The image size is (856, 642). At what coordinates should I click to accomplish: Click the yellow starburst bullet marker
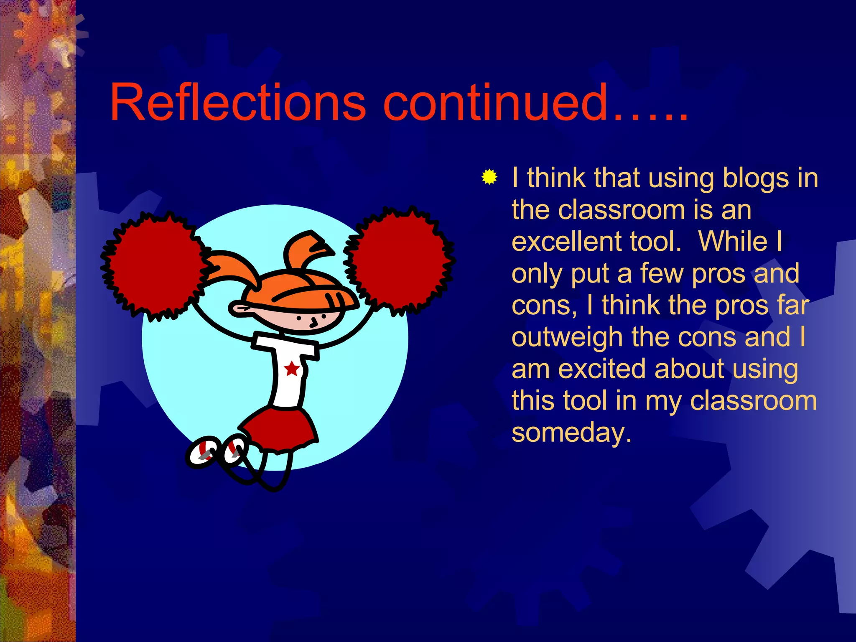pyautogui.click(x=489, y=177)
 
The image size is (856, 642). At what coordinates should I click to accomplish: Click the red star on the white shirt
pyautogui.click(x=291, y=369)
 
